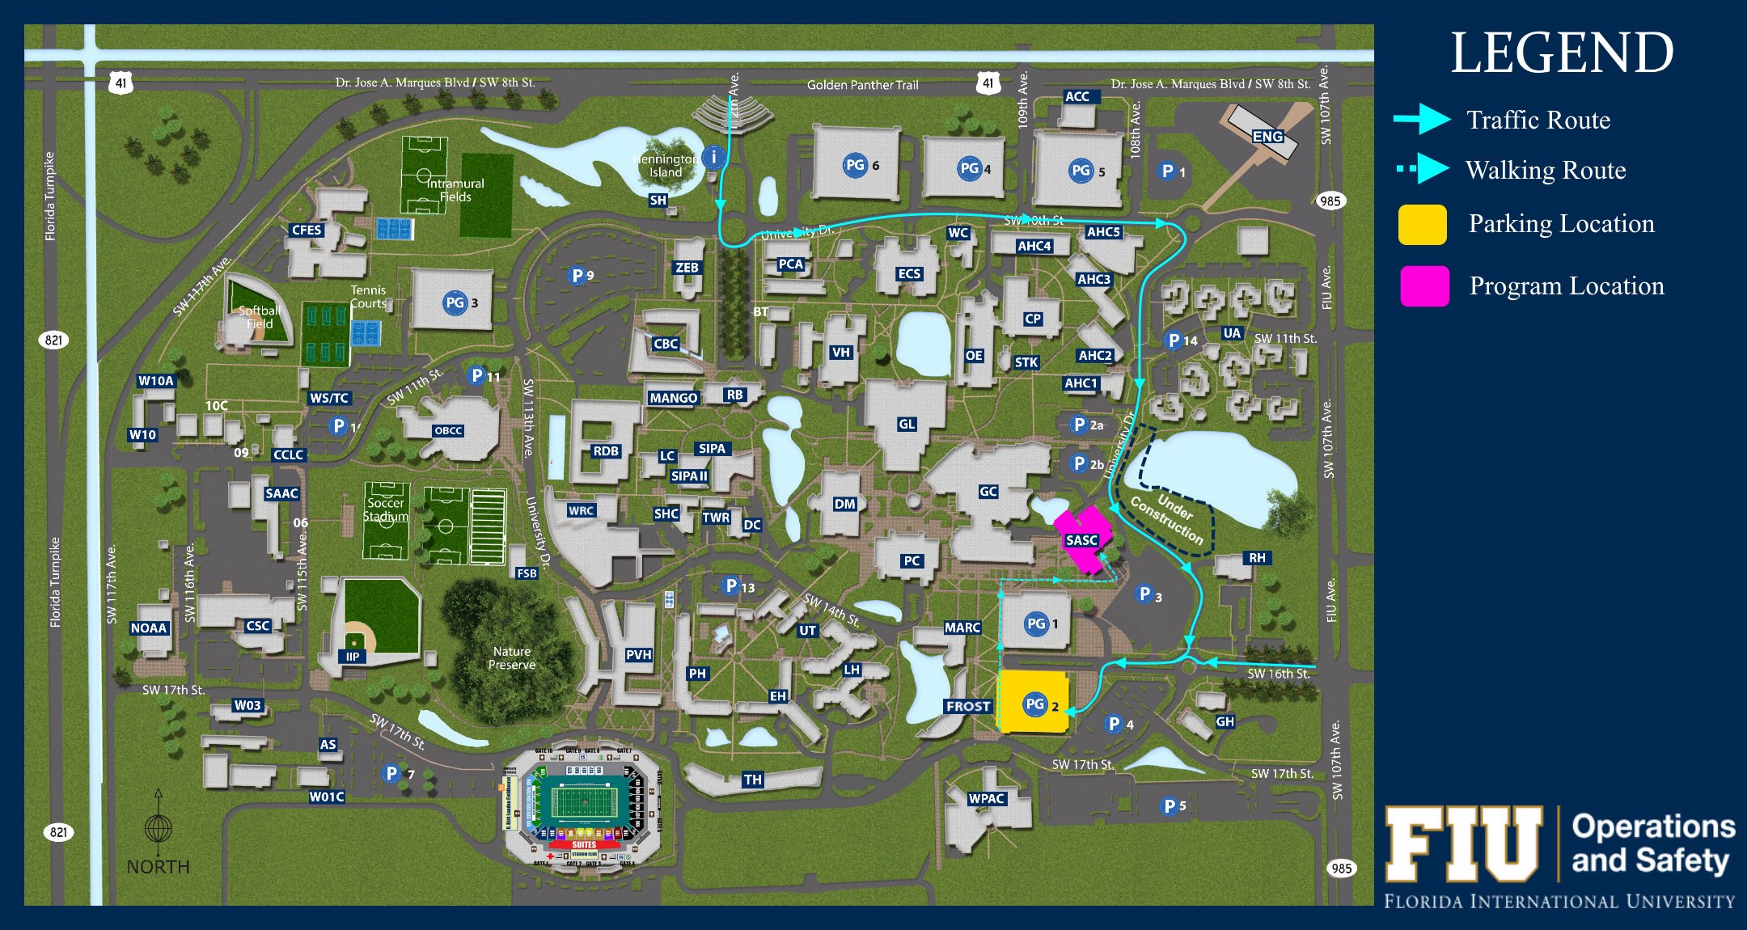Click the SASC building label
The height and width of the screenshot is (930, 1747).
coord(1081,540)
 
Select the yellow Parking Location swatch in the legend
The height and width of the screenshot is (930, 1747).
coord(1422,224)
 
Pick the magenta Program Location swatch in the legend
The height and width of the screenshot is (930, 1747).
coord(1424,286)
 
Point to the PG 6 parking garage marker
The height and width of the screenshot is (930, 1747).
coord(855,165)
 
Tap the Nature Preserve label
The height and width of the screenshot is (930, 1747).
coord(512,657)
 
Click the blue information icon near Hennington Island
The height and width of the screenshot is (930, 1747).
coord(713,157)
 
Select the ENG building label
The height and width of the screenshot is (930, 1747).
coord(1267,137)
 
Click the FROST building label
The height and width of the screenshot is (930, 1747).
coord(968,706)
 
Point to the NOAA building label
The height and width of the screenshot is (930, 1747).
coord(149,628)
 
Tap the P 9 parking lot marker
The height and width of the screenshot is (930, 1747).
coord(577,276)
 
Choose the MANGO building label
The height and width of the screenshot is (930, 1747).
coord(673,398)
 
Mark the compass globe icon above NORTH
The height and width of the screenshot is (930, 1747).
coord(159,828)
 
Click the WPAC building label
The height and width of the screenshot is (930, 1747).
coord(987,798)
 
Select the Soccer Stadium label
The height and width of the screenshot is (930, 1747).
coord(385,509)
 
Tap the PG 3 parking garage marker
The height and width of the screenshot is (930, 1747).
coord(455,302)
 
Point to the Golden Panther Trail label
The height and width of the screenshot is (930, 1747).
coord(862,85)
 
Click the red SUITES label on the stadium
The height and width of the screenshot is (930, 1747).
coord(584,844)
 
